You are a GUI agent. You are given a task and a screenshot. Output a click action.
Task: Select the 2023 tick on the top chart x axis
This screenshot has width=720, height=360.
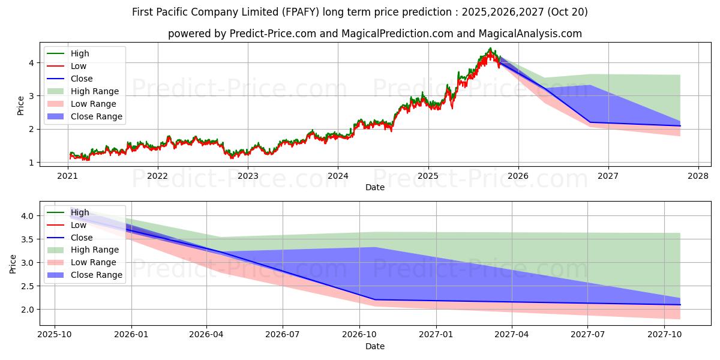(248, 176)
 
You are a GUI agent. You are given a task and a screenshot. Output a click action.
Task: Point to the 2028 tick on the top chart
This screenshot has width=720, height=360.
(698, 176)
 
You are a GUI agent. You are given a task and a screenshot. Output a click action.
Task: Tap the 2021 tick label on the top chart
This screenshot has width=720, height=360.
(67, 176)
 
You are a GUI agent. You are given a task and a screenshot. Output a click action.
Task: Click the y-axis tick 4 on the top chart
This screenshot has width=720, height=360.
(31, 63)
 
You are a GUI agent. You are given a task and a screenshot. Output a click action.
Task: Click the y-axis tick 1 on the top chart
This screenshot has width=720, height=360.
(31, 163)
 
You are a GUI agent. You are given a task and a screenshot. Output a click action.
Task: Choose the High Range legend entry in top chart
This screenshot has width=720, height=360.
(94, 91)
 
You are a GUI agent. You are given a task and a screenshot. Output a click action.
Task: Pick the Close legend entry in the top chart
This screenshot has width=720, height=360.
(82, 79)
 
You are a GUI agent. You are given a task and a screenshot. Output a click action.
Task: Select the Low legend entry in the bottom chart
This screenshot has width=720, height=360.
(79, 225)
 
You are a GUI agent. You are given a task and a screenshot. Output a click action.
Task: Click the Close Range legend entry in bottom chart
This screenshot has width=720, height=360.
(96, 275)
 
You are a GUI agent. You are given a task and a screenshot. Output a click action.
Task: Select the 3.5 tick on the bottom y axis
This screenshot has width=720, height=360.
(27, 239)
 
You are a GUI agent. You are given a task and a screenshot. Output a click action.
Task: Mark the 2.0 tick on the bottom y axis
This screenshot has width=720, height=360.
(27, 310)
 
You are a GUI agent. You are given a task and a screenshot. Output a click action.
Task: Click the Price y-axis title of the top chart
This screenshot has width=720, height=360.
(20, 106)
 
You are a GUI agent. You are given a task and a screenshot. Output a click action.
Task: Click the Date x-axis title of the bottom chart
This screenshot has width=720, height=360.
(374, 346)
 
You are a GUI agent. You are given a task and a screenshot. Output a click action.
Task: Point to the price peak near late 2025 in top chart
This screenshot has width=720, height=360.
(490, 49)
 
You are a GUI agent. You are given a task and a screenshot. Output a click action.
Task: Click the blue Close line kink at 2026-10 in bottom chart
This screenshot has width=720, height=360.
(375, 299)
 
